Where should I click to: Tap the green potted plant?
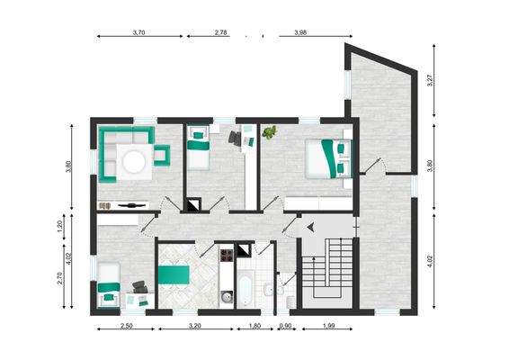(268, 135)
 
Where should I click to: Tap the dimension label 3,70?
(139, 32)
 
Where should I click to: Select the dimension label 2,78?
(220, 32)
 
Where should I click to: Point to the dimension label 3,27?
(432, 79)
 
